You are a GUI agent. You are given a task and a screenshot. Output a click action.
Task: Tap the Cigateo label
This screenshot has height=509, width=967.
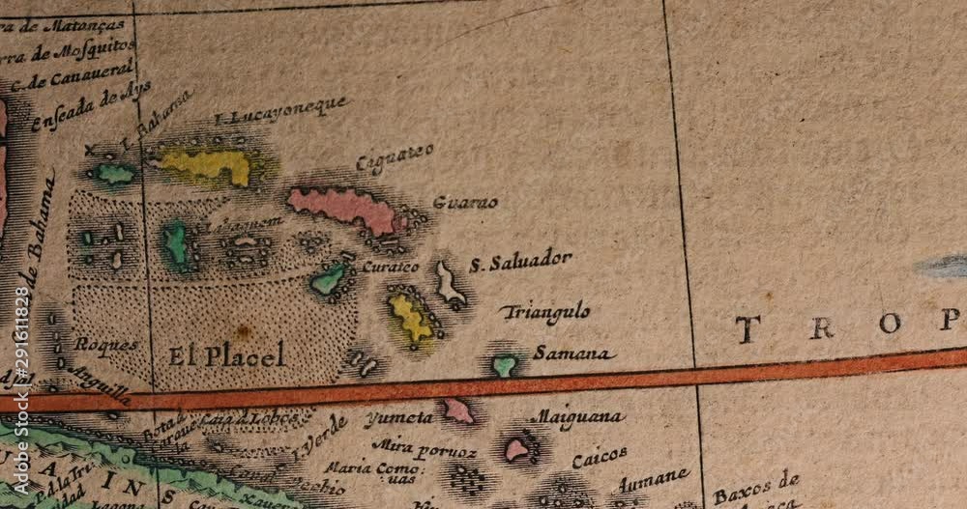395,158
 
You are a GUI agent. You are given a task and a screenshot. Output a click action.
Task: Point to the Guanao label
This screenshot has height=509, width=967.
465,203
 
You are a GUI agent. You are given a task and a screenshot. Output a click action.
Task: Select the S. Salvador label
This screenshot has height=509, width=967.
520,262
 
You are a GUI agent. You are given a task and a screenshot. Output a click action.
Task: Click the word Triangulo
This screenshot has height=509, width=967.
545,312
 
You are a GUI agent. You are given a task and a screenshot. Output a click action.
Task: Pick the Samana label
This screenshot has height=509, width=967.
574,353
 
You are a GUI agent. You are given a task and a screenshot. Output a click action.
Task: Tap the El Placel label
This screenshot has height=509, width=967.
226,355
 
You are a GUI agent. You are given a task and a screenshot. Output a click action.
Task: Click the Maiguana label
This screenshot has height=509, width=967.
578,418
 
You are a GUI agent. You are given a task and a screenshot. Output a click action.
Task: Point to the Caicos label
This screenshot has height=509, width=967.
600,457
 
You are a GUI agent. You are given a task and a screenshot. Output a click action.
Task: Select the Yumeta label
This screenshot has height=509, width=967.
398,418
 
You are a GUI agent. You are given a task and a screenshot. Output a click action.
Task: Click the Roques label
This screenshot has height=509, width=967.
106,344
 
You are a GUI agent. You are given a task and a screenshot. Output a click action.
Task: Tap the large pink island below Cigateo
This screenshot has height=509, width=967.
343,207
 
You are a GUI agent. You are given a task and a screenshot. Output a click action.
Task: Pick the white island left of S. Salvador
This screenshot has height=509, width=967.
448,284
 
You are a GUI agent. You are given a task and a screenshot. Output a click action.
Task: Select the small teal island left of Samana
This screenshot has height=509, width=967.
504,365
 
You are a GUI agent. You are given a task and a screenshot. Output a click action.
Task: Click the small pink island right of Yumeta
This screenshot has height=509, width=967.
457,410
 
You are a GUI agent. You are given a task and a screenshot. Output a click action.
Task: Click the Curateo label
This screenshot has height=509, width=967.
391,267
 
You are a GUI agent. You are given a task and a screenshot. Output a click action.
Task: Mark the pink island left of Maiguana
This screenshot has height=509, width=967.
517,448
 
